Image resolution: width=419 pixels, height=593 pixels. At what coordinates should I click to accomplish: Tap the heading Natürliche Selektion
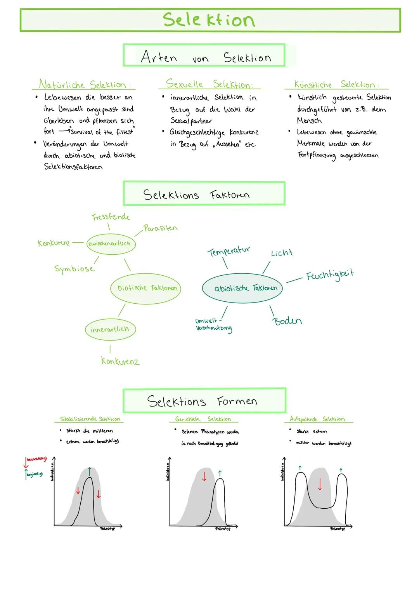83,84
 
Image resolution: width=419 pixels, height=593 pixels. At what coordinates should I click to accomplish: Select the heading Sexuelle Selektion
209,84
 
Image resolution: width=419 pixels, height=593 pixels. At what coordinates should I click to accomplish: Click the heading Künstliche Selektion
336,84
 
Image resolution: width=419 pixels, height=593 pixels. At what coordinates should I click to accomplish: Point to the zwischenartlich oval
111,244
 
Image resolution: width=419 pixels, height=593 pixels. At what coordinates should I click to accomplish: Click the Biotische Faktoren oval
147,288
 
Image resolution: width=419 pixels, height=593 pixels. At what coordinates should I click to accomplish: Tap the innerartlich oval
110,329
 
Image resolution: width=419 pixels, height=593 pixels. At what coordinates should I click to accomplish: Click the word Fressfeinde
111,217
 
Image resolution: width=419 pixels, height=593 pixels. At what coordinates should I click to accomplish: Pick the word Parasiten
160,228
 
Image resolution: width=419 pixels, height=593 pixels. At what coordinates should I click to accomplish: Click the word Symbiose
74,269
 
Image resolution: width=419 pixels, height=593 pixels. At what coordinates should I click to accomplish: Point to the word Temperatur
229,251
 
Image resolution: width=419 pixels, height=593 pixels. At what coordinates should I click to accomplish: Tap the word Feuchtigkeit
330,275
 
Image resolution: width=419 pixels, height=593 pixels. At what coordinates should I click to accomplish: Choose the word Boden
287,321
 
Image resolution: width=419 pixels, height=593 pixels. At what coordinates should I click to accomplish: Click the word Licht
282,253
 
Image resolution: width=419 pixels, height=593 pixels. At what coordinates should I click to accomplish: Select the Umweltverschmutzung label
213,325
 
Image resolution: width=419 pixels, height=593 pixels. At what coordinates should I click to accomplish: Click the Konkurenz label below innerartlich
120,361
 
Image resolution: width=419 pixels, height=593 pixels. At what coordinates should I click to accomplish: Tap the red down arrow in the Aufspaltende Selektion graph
320,484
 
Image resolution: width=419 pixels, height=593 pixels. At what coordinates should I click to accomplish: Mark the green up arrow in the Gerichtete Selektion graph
220,473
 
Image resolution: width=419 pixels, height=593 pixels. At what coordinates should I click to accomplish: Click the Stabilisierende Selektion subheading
90,419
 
